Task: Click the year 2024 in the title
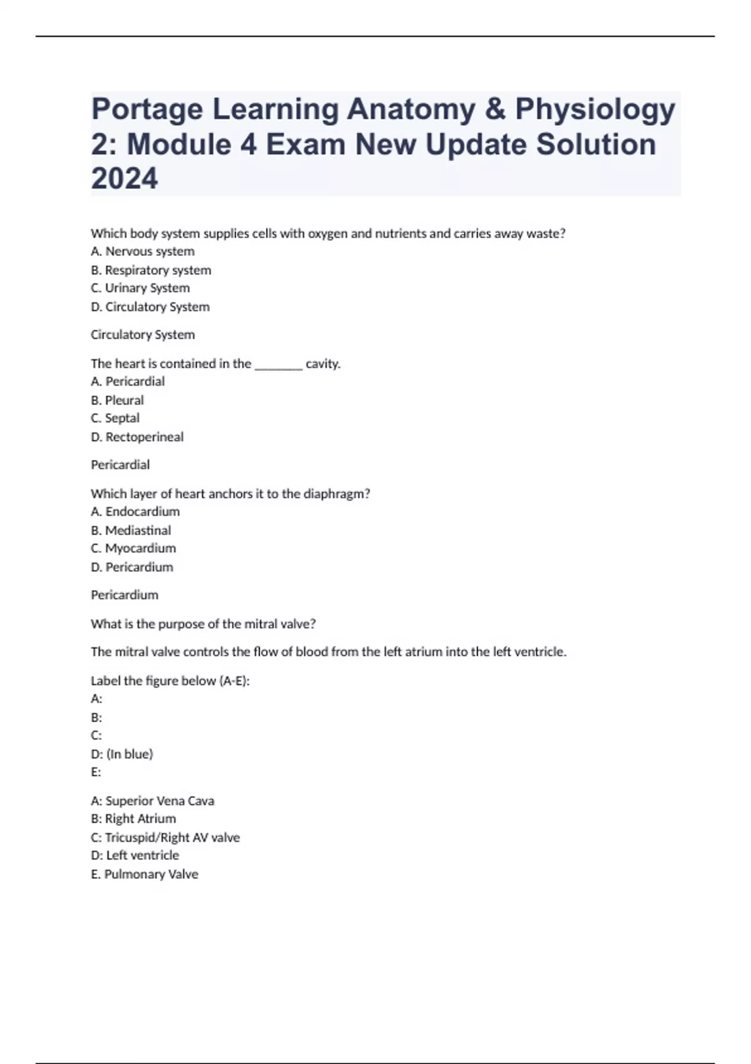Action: click(x=125, y=178)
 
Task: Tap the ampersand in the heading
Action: click(x=494, y=110)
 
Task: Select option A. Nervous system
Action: click(x=143, y=252)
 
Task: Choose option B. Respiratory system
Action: click(x=151, y=270)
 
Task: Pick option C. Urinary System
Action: click(x=140, y=289)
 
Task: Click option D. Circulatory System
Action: click(x=150, y=307)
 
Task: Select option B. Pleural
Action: click(x=117, y=401)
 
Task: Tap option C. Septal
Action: click(x=115, y=418)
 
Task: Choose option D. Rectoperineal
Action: click(x=137, y=437)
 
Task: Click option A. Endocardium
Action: click(x=135, y=512)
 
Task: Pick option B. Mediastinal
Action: click(x=131, y=531)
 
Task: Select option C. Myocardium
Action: click(x=133, y=548)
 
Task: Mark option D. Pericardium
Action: click(x=132, y=567)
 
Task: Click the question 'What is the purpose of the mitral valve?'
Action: click(x=203, y=624)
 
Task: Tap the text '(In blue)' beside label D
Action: click(x=130, y=754)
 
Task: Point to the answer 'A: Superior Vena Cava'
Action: click(x=153, y=801)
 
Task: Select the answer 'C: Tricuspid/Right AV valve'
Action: click(x=165, y=837)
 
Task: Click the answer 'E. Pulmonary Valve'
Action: click(x=145, y=874)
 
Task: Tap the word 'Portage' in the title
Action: click(x=147, y=110)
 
